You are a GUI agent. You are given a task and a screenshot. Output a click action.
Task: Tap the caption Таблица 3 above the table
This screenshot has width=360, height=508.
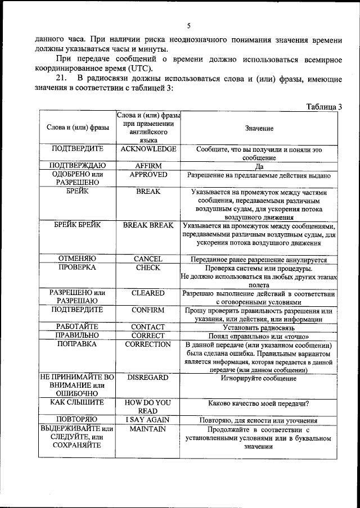coord(324,107)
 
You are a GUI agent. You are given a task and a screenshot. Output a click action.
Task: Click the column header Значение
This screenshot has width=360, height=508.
coord(259,129)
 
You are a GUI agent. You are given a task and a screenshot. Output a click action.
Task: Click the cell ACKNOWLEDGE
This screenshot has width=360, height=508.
coord(148,149)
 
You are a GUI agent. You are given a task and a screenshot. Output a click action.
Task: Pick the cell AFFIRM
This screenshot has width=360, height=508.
coord(148,166)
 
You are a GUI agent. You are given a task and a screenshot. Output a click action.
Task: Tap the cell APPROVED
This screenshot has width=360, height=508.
coord(148,175)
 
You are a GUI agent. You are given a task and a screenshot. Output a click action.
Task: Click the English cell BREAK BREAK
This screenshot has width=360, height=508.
coord(148,225)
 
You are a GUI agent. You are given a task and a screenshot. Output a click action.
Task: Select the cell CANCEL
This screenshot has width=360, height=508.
coord(148,259)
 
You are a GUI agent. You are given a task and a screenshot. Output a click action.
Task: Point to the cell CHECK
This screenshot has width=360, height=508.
coord(148,268)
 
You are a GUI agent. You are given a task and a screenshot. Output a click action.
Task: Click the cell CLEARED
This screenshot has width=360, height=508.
coord(148,293)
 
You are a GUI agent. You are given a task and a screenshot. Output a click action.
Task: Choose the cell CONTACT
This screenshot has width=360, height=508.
coord(148,327)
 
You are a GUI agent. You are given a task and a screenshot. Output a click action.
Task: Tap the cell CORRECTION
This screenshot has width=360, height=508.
coord(148,344)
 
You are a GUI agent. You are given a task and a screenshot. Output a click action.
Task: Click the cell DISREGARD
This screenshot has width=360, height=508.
coord(148,378)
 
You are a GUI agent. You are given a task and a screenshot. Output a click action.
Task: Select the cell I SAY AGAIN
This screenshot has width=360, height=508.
coord(148,420)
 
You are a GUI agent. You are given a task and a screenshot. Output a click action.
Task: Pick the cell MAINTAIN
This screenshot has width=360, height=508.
coord(148,429)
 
